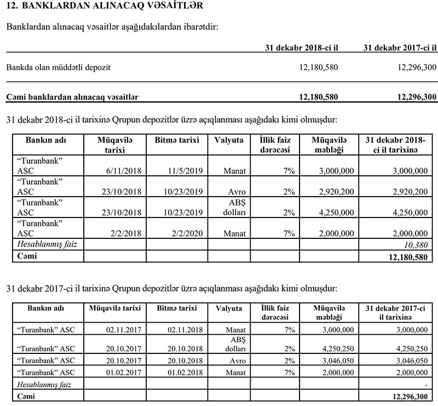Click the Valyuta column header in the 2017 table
click(x=229, y=308)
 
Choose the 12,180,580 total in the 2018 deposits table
click(x=407, y=256)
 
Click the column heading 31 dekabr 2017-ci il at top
click(x=400, y=48)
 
